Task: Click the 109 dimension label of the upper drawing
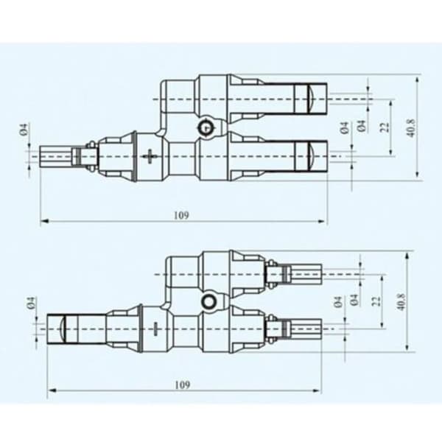(x=181, y=215)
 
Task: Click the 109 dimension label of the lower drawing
(x=183, y=385)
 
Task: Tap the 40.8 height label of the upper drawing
(x=412, y=128)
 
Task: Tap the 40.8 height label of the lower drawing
(x=401, y=301)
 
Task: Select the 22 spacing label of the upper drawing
(x=385, y=127)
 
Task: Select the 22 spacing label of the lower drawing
(x=376, y=301)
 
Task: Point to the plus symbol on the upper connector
(x=150, y=156)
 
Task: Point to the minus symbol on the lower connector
(x=155, y=329)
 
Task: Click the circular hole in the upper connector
(x=206, y=128)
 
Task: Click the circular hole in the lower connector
(x=209, y=301)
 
